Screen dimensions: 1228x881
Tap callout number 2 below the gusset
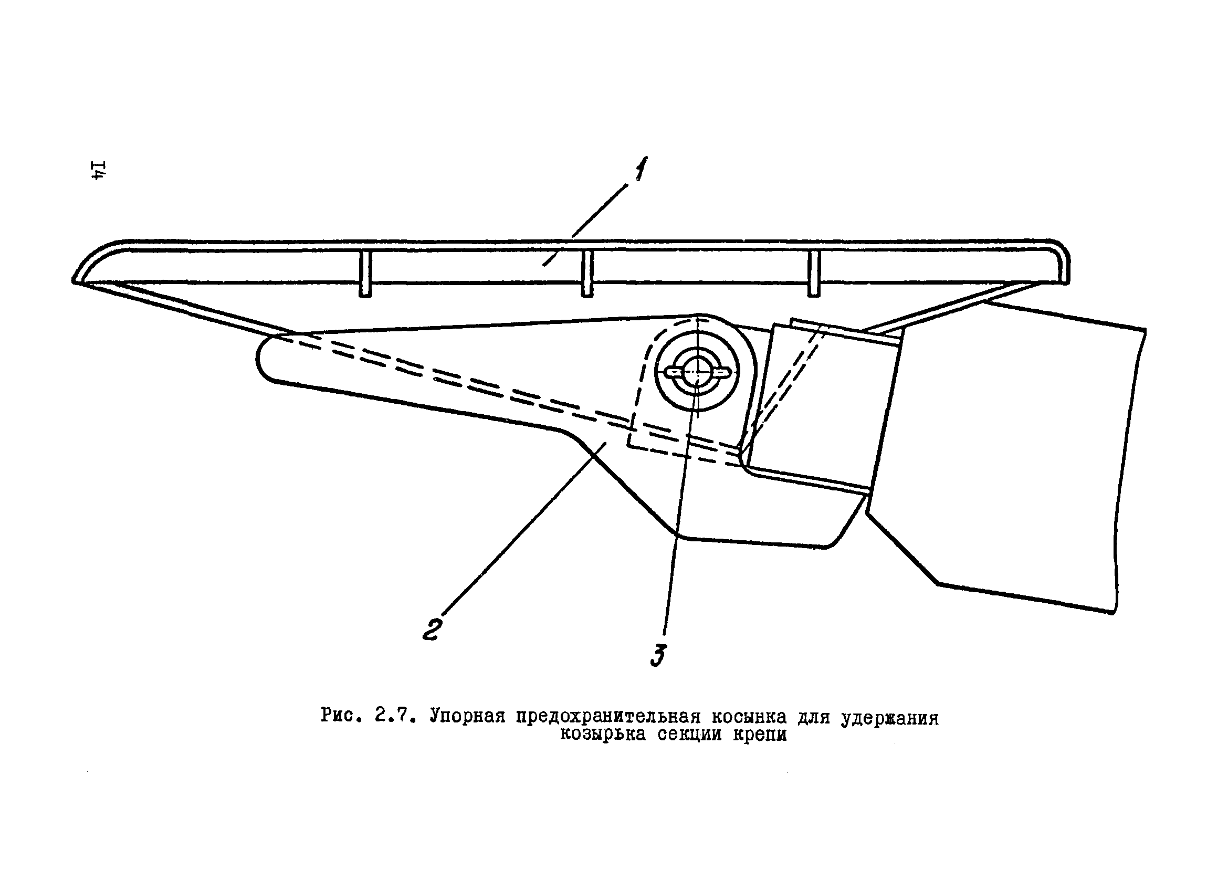[x=433, y=628]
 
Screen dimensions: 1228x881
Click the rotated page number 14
[x=100, y=170]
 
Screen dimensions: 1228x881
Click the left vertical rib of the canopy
[x=365, y=274]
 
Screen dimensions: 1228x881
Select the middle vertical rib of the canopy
[x=587, y=274]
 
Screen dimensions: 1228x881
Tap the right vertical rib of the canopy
[x=814, y=274]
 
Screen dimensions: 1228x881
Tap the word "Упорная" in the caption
[x=467, y=716]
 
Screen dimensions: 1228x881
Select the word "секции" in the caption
[x=692, y=735]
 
